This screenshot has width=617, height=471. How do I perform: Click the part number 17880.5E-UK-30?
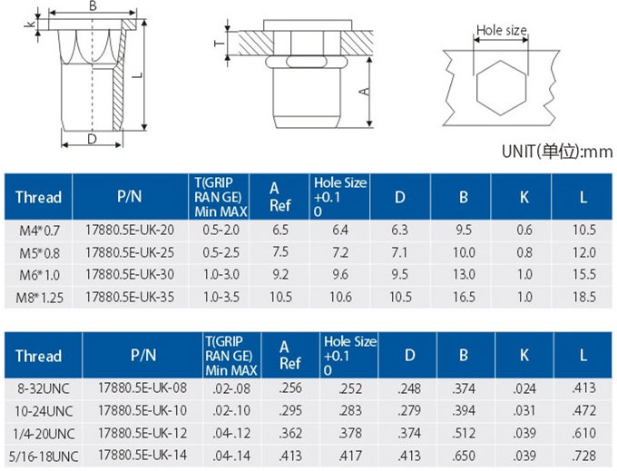[130, 274]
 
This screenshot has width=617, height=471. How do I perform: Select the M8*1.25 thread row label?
[39, 298]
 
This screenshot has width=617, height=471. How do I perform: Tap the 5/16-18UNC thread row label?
[44, 456]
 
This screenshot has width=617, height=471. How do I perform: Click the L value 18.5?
[584, 297]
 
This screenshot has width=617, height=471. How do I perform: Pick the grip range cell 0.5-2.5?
[220, 252]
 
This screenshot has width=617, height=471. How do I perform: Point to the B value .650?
[464, 456]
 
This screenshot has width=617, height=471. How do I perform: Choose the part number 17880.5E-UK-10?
[142, 410]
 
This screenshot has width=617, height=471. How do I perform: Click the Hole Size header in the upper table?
[340, 197]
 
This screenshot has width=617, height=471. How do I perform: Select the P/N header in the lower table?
[143, 356]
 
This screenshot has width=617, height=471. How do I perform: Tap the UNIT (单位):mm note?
[557, 152]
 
